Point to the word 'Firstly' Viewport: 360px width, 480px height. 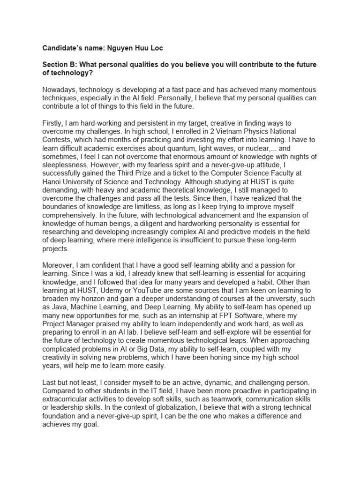click(52, 123)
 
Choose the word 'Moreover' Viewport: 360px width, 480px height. click(59, 265)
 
